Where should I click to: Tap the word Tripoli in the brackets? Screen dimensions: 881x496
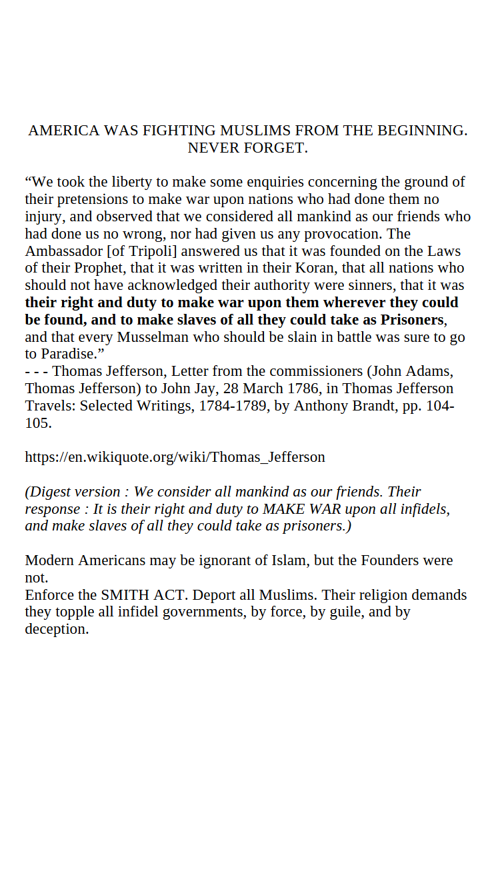pyautogui.click(x=151, y=251)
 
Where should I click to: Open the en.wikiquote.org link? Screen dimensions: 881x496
pyautogui.click(x=175, y=457)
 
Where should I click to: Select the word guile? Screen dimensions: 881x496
pyautogui.click(x=347, y=612)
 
